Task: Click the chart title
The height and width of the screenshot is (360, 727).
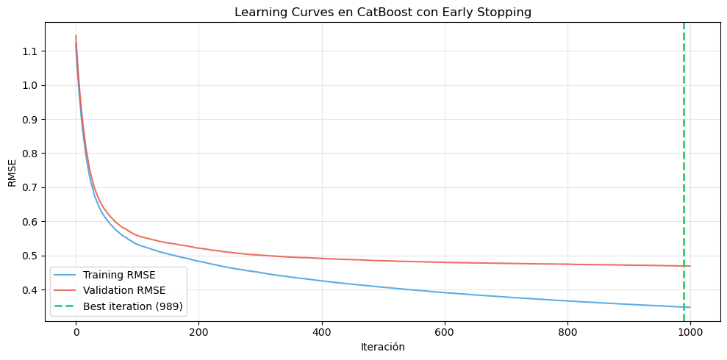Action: tap(382, 12)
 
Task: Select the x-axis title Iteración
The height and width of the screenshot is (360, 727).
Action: tap(382, 346)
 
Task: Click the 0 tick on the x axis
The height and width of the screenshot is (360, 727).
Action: tap(76, 331)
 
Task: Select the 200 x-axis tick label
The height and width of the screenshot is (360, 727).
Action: tap(198, 331)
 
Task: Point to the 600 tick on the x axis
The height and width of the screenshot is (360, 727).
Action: tap(444, 331)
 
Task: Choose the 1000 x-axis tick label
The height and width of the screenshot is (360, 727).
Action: tap(690, 331)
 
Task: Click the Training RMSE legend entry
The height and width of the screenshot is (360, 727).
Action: tap(118, 275)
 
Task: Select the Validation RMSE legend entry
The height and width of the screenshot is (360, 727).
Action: tap(123, 290)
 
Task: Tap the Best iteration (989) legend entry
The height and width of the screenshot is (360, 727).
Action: tap(132, 306)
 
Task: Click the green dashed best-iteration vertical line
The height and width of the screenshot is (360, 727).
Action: tap(684, 147)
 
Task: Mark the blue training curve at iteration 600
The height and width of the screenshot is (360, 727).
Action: tap(444, 292)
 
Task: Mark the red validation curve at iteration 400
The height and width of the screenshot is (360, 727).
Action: tap(321, 259)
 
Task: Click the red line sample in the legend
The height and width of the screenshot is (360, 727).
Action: tap(66, 290)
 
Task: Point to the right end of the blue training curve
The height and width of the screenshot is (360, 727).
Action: tap(690, 307)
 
